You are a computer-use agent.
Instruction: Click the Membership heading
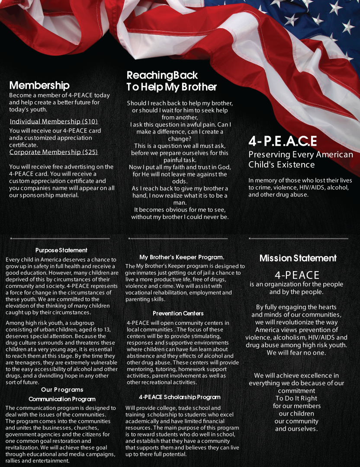pyautogui.click(x=39, y=85)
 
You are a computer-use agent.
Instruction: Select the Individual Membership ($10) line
pyautogui.click(x=54, y=122)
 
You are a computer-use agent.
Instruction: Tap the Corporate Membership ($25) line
pyautogui.click(x=54, y=152)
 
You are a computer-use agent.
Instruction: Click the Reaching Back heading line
pyautogui.click(x=162, y=75)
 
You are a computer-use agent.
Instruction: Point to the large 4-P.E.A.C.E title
pyautogui.click(x=283, y=141)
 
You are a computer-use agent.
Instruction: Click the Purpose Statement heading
pyautogui.click(x=61, y=250)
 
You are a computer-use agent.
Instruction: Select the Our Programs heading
pyautogui.click(x=62, y=390)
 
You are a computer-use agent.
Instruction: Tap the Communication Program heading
pyautogui.click(x=62, y=399)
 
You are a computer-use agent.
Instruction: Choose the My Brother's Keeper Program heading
pyautogui.click(x=182, y=257)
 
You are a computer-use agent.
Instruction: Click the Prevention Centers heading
pyautogui.click(x=178, y=313)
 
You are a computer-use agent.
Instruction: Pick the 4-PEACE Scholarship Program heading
pyautogui.click(x=180, y=397)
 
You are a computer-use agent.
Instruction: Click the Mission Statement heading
pyautogui.click(x=298, y=258)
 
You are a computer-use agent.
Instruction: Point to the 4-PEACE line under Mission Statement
pyautogui.click(x=297, y=275)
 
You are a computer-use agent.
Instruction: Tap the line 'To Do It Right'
pyautogui.click(x=296, y=398)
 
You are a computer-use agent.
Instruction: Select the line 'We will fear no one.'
pyautogui.click(x=296, y=352)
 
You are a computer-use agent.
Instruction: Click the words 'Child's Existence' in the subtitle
pyautogui.click(x=281, y=165)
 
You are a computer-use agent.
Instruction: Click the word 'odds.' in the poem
pyautogui.click(x=180, y=182)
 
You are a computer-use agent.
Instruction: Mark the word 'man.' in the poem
pyautogui.click(x=180, y=202)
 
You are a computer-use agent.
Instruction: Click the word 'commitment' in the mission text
pyautogui.click(x=296, y=390)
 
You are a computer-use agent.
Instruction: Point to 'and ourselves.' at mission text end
pyautogui.click(x=296, y=429)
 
